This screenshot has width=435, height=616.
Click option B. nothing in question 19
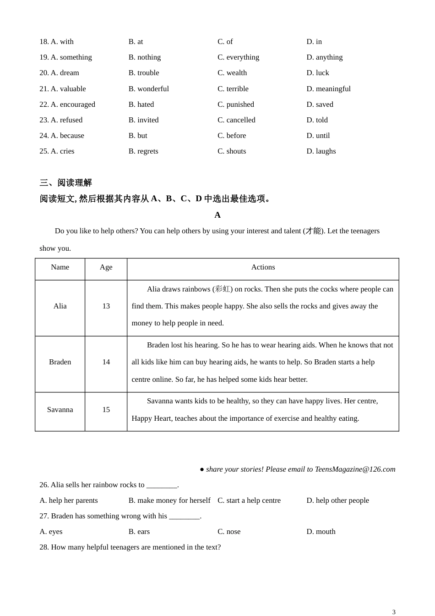[145, 57]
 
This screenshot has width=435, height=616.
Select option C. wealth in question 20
[232, 73]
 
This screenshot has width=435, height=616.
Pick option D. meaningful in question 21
[328, 89]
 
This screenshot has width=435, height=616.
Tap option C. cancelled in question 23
[236, 120]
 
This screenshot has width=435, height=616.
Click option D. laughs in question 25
[321, 151]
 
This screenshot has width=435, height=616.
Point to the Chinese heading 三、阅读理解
[65, 183]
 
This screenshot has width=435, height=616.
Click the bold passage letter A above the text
[217, 215]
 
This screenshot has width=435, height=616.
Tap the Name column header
[60, 267]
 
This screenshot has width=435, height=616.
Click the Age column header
[106, 267]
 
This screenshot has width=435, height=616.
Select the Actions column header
[263, 267]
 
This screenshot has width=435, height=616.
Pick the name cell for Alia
[60, 306]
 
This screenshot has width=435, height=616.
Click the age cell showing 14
[106, 362]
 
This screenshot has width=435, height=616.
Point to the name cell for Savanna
[60, 410]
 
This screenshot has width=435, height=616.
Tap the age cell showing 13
[106, 306]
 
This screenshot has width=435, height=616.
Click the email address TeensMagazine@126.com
[355, 469]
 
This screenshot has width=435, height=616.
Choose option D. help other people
[337, 500]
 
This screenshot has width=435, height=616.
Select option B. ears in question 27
[139, 532]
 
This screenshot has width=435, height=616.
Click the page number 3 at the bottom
[394, 612]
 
